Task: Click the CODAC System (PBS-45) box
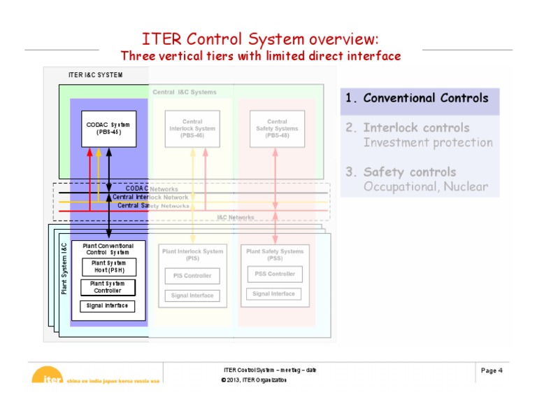(x=108, y=129)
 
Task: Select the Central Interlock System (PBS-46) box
(x=192, y=129)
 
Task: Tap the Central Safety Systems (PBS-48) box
(x=277, y=129)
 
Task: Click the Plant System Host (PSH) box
(x=108, y=267)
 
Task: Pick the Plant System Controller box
(x=108, y=287)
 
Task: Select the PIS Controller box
(x=192, y=276)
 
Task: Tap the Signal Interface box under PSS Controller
(x=273, y=294)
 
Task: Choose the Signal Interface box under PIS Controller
(x=192, y=296)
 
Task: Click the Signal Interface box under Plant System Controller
(x=108, y=306)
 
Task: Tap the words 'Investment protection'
(x=428, y=143)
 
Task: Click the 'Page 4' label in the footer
(x=492, y=370)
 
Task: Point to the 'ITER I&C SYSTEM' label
(x=95, y=75)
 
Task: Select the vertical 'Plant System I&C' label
(x=64, y=268)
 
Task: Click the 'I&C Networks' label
(x=236, y=218)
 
